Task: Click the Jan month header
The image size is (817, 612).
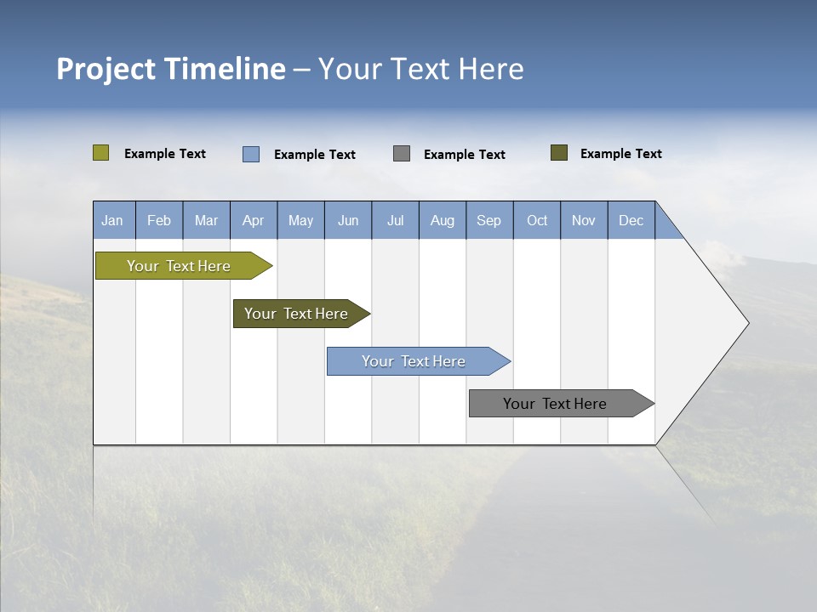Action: [x=112, y=220]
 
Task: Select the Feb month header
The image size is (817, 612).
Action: [x=159, y=220]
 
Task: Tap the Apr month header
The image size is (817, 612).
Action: [x=253, y=220]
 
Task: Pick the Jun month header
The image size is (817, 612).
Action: [x=348, y=220]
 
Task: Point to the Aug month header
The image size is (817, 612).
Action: [x=442, y=220]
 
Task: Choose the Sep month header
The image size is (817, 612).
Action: [x=488, y=220]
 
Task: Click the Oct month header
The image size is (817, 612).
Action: [x=537, y=220]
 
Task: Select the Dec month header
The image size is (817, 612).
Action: [x=631, y=220]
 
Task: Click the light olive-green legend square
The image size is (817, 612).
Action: [x=100, y=153]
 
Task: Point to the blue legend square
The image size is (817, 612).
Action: [x=251, y=154]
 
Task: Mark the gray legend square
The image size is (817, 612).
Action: [x=402, y=153]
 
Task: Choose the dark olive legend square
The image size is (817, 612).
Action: [x=559, y=153]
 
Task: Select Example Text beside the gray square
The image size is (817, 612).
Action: [x=464, y=154]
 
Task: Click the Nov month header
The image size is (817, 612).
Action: [x=583, y=220]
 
